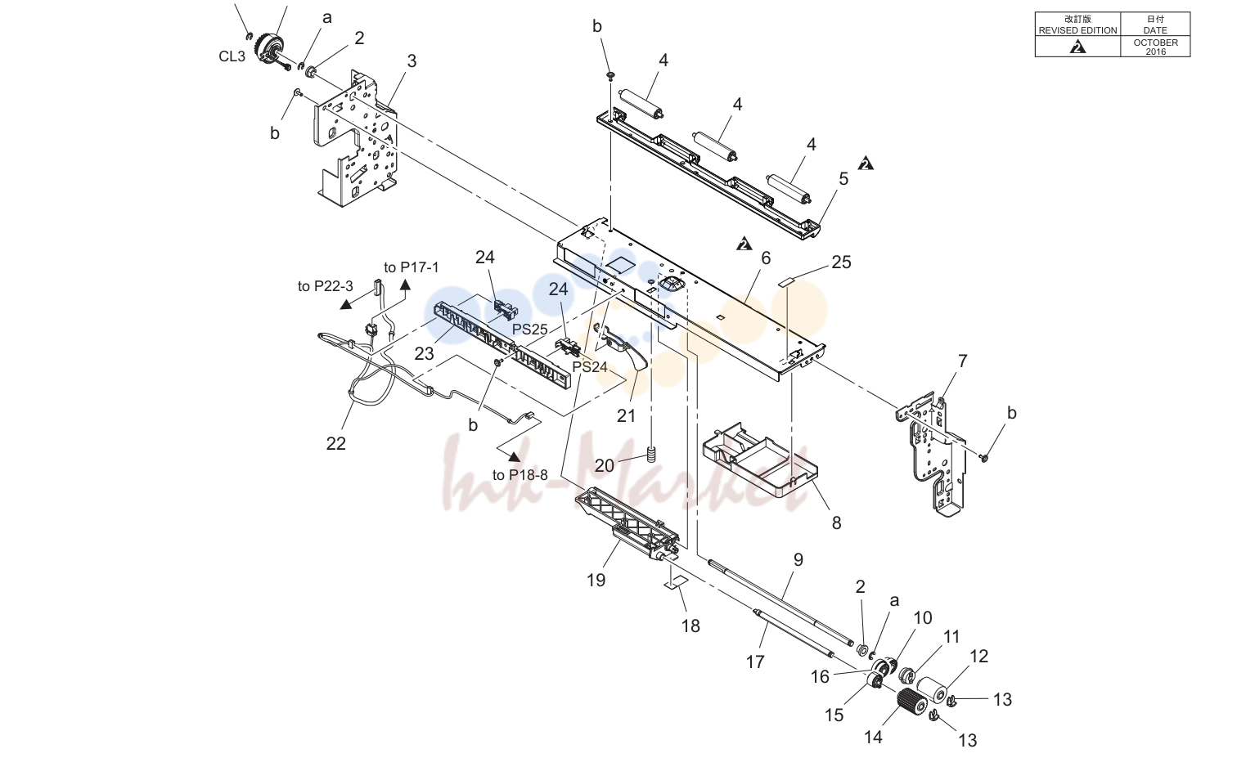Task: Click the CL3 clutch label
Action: (x=232, y=56)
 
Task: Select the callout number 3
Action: (x=412, y=61)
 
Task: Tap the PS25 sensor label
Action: (x=529, y=330)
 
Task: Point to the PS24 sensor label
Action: (x=589, y=366)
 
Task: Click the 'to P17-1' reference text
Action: (x=412, y=267)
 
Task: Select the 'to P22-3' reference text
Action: (x=326, y=286)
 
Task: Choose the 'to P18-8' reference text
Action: (x=520, y=475)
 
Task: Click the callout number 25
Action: (x=842, y=262)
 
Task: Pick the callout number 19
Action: (x=596, y=580)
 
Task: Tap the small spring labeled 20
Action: (x=650, y=454)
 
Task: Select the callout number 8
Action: (x=836, y=523)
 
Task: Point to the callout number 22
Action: (x=336, y=443)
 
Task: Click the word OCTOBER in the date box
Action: (x=1155, y=43)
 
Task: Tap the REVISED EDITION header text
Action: (x=1077, y=30)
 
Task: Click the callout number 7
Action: (x=963, y=361)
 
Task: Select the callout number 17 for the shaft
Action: (x=755, y=662)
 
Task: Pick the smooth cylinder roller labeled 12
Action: (x=933, y=688)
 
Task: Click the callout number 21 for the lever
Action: (x=627, y=415)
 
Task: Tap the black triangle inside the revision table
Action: (x=1077, y=47)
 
